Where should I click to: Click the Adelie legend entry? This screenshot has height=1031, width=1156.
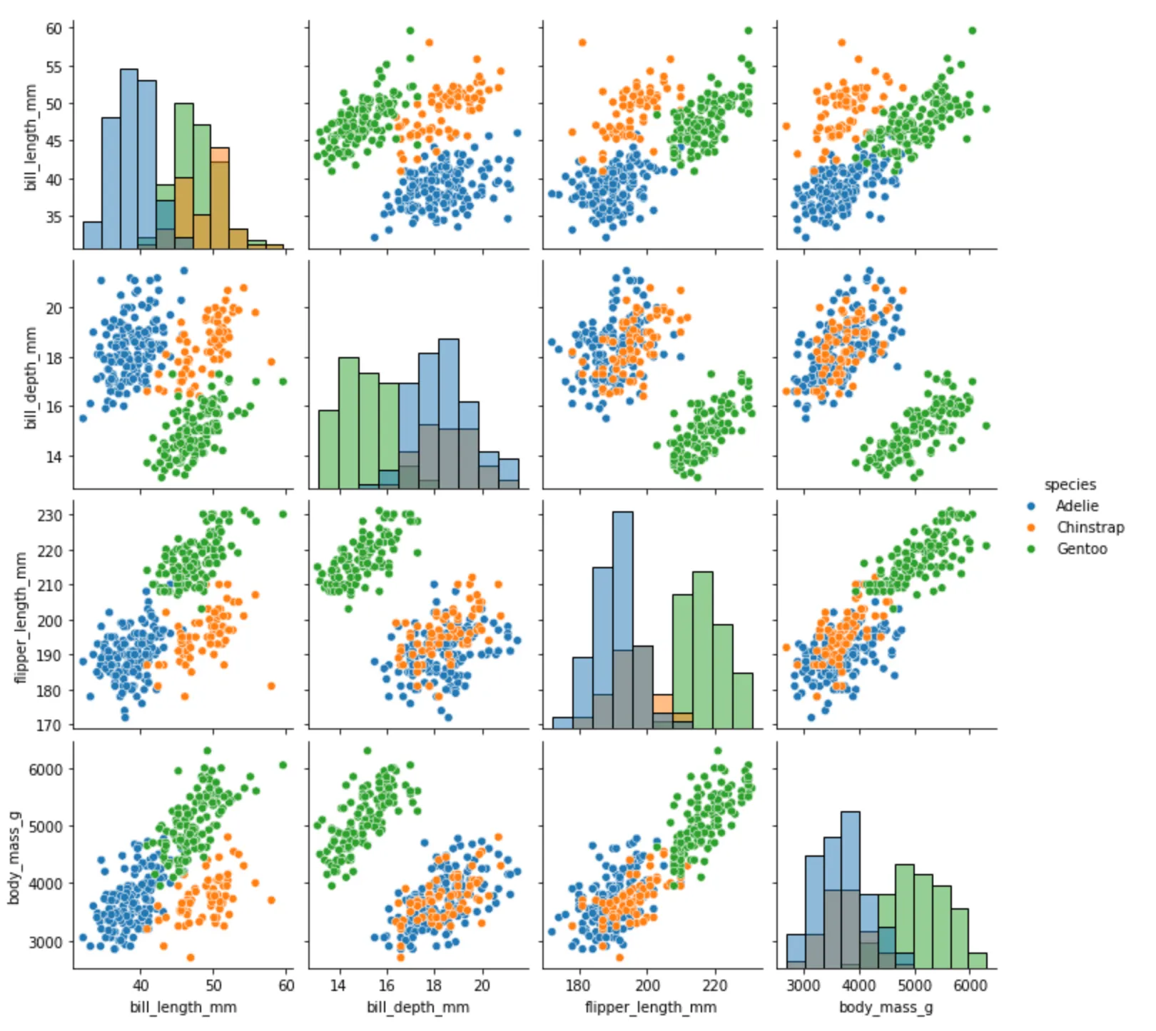pyautogui.click(x=1076, y=506)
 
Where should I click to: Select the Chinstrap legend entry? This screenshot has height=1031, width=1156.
pyautogui.click(x=1089, y=528)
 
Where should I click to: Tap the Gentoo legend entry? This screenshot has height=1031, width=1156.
pyautogui.click(x=1081, y=549)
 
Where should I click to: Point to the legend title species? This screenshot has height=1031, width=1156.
pyautogui.click(x=1070, y=485)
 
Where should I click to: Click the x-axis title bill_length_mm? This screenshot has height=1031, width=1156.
pyautogui.click(x=183, y=1007)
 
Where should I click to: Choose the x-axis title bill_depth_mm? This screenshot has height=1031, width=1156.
pyautogui.click(x=418, y=1007)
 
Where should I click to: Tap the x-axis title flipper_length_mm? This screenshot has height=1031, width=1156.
pyautogui.click(x=651, y=1007)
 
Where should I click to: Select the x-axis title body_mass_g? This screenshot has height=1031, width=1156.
pyautogui.click(x=886, y=1007)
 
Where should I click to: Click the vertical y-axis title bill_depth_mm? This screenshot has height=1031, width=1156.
pyautogui.click(x=30, y=378)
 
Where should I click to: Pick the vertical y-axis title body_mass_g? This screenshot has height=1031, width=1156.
pyautogui.click(x=14, y=858)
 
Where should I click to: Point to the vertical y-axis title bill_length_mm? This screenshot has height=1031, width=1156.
pyautogui.click(x=30, y=137)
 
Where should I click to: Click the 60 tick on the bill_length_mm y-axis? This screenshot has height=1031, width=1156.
pyautogui.click(x=55, y=29)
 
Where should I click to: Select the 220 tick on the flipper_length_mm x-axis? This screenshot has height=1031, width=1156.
pyautogui.click(x=714, y=985)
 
